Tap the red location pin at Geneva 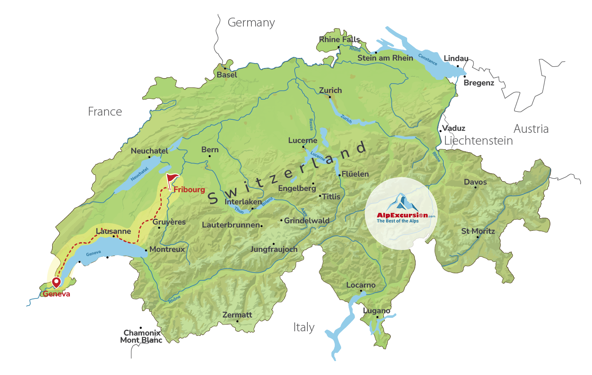[56, 282]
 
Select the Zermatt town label [237, 315]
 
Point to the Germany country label [251, 23]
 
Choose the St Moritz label [478, 231]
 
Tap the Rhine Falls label [339, 40]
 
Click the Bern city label [210, 150]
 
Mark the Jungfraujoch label [274, 249]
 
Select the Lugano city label [376, 311]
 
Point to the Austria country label [531, 129]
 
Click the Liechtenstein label [478, 141]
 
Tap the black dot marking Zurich [330, 97]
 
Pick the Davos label [475, 182]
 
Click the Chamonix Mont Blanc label [141, 337]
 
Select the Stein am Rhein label [385, 58]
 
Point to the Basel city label [227, 75]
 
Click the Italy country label [304, 327]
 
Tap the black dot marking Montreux [146, 250]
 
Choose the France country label [105, 112]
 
